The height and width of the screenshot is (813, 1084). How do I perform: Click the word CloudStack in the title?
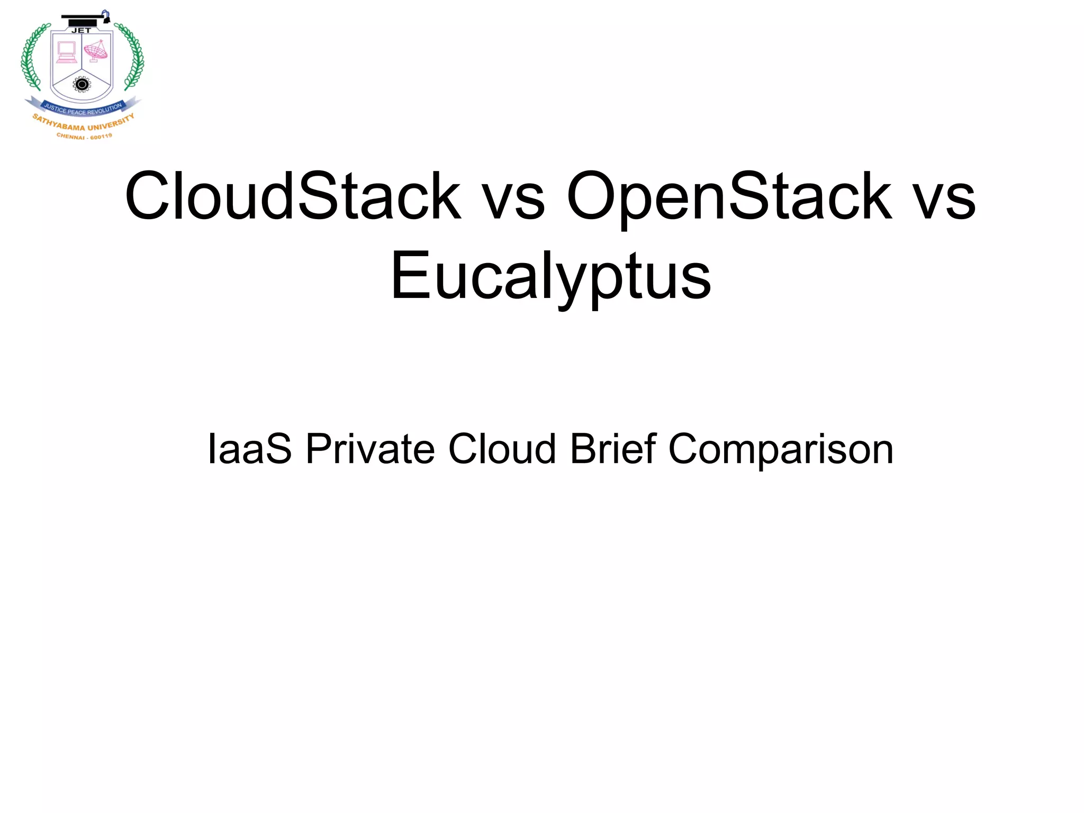pos(293,196)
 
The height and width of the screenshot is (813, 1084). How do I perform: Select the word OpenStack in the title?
pos(729,196)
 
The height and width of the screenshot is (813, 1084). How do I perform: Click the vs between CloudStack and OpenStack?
pos(514,198)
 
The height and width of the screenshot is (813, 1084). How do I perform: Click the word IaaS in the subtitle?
pos(249,449)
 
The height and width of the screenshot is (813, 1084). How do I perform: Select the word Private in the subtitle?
pos(370,449)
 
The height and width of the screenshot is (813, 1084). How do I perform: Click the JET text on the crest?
pos(81,31)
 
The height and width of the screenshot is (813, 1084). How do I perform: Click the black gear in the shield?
pos(82,84)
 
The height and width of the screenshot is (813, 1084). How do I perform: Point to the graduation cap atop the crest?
pos(85,19)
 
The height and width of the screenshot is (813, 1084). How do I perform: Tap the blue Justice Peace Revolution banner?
pos(83,109)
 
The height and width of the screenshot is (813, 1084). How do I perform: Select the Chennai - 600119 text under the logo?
pos(84,137)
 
